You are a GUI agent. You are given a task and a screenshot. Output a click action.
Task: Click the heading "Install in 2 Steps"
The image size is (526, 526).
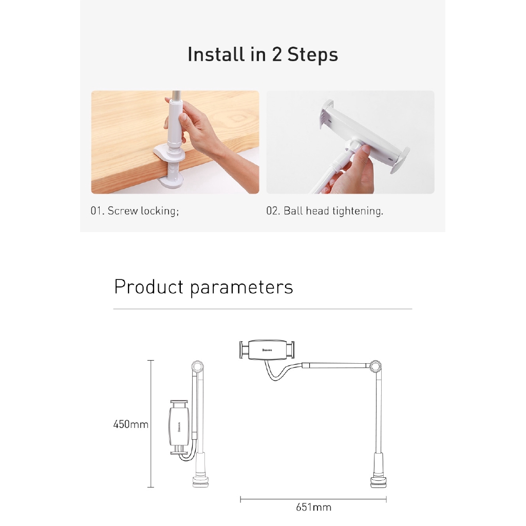point(262,54)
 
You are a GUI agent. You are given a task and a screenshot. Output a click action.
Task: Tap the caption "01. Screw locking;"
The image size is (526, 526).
point(135,211)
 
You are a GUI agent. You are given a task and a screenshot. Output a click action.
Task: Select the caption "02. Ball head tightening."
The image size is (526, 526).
point(325,211)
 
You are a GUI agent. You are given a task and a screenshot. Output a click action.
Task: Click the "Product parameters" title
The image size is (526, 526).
point(203,287)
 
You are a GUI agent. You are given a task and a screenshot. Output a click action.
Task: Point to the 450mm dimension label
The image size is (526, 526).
point(131,424)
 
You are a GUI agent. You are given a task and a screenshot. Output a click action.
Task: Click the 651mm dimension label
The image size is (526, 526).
point(314,507)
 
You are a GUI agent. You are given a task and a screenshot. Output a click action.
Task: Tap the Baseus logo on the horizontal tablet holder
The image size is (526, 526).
point(267,350)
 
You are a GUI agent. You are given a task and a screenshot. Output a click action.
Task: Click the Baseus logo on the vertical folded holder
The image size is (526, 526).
point(179,427)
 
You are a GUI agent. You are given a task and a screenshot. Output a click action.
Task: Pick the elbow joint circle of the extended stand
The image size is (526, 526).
point(375,367)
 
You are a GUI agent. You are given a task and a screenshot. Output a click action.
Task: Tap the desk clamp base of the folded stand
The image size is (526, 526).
point(200,480)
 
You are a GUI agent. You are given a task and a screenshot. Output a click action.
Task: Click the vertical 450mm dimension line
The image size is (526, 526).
point(151,424)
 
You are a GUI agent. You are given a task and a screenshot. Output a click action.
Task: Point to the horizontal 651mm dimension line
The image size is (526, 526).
point(313,499)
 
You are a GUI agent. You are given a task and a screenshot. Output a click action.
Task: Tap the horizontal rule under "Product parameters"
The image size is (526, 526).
point(262,309)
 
